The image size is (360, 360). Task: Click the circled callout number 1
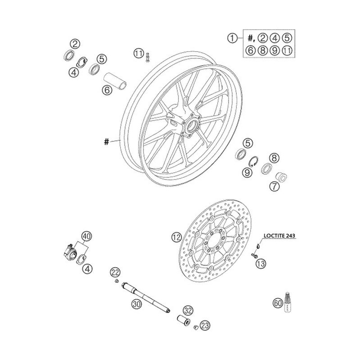pos(232,39)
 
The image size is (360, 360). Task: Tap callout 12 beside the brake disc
pos(176,236)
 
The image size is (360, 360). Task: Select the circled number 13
pos(260,264)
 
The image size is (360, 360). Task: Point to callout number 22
pos(116,272)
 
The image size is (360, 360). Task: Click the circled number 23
pos(205,324)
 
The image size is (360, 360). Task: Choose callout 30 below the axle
pos(136,304)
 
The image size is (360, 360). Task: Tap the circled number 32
pos(188,310)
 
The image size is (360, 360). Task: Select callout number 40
pos(86,236)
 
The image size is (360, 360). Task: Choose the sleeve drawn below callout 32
pos(184,321)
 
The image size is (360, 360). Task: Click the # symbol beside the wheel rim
pos(106,142)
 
